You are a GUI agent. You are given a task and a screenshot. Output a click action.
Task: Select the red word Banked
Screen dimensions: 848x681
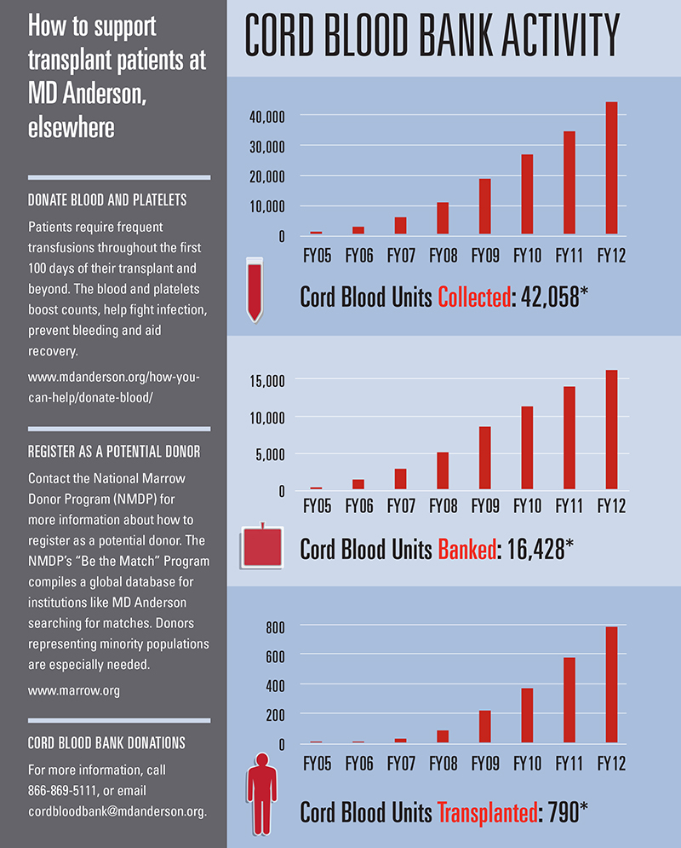(x=466, y=549)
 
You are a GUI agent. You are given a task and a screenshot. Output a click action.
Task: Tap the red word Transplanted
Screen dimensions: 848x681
(x=486, y=812)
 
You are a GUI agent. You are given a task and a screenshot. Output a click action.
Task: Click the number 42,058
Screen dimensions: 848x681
(x=549, y=297)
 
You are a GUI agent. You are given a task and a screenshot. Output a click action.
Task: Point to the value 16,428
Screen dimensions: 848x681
(x=533, y=549)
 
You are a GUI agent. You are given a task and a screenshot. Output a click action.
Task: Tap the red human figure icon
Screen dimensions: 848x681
(x=261, y=788)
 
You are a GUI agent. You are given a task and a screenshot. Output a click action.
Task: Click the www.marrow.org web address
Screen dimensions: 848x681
(x=73, y=690)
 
